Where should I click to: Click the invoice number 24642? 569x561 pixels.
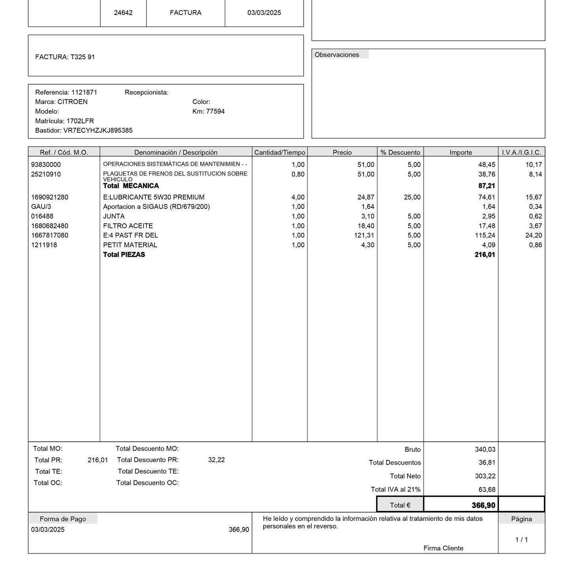coord(123,13)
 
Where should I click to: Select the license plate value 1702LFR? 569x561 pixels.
coord(80,121)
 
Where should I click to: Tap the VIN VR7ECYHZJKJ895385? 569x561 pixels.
coord(98,130)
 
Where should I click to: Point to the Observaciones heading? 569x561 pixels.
coord(337,55)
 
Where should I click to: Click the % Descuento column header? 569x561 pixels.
coord(400,152)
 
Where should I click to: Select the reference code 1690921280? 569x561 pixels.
coord(49,197)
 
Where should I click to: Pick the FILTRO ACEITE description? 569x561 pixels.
coord(128,226)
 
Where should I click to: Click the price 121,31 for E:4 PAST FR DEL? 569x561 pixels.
coord(364,235)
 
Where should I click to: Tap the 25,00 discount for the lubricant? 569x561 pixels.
coord(412,197)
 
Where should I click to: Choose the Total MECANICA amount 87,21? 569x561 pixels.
coord(486,186)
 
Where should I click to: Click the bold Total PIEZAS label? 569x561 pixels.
coord(124,255)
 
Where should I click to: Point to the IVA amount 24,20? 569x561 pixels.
coord(533,235)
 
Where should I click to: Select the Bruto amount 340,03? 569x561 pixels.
coord(485,450)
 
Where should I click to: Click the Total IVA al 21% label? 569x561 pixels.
coord(396,489)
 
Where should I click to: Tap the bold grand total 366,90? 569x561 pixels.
coord(483,505)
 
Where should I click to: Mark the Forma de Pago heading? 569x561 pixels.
coord(62,519)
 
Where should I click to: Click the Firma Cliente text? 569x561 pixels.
coord(443,548)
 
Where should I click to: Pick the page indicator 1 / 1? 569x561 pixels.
coord(521,540)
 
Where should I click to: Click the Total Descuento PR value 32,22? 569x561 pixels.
coord(216,460)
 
